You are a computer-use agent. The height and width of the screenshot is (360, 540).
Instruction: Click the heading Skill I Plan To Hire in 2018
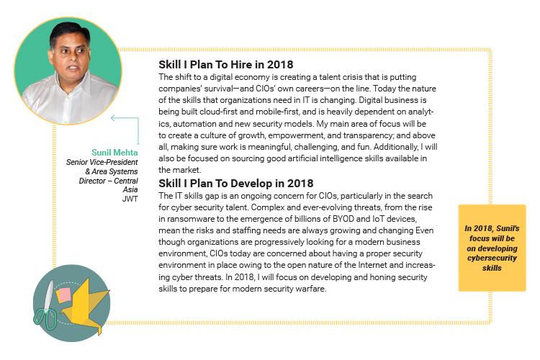point(226,64)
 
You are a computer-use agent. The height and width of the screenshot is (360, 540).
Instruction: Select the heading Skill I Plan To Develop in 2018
point(236,184)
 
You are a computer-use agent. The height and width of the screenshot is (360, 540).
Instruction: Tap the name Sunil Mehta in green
point(114,152)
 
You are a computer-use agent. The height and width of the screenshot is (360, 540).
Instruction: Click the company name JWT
point(130,199)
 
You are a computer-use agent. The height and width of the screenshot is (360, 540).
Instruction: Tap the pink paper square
point(63,295)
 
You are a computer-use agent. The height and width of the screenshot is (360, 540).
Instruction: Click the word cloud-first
point(220,112)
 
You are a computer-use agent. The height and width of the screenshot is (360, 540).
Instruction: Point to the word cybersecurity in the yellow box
point(492,258)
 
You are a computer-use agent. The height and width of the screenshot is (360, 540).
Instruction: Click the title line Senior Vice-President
point(102,162)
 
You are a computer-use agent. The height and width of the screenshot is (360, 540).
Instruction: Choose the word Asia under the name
point(130,189)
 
